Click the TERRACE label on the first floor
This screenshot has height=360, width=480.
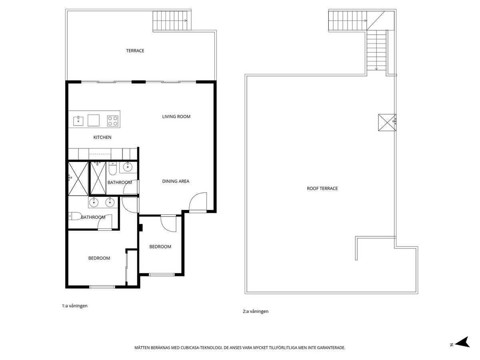135,51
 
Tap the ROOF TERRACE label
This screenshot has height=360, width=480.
322,188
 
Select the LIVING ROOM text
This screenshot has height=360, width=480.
176,117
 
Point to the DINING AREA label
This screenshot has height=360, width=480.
176,181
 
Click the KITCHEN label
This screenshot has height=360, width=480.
102,138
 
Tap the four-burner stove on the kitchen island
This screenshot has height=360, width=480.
113,120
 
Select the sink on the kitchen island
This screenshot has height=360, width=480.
78,120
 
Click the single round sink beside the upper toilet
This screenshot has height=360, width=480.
128,167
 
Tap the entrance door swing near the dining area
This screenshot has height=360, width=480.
198,202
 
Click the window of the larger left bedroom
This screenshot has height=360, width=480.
102,286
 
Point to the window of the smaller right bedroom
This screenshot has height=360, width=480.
162,274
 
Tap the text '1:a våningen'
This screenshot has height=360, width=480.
75,306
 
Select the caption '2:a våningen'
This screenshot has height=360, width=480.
256,312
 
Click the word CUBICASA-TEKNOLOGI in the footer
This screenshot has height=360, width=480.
200,348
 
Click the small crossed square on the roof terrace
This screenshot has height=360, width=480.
386,122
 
